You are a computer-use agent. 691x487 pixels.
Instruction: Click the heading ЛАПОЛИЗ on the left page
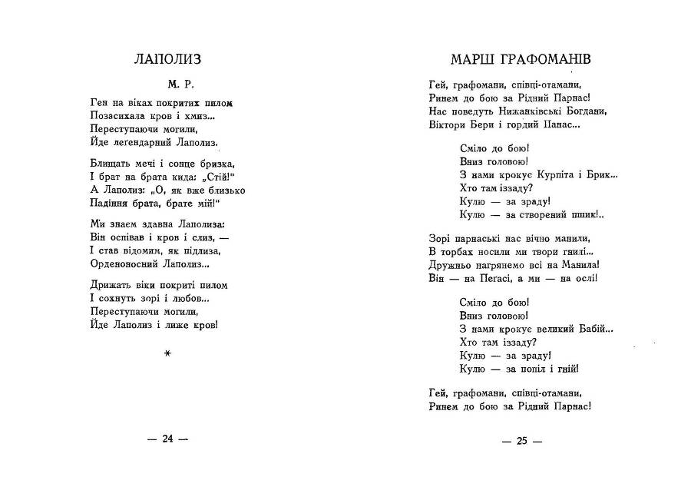pos(167,59)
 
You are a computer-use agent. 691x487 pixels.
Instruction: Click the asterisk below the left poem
pos(167,353)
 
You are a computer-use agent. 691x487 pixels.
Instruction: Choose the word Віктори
pos(448,124)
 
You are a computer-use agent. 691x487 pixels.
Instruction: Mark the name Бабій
pos(593,329)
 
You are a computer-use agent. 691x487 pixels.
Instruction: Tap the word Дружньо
pos(450,264)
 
